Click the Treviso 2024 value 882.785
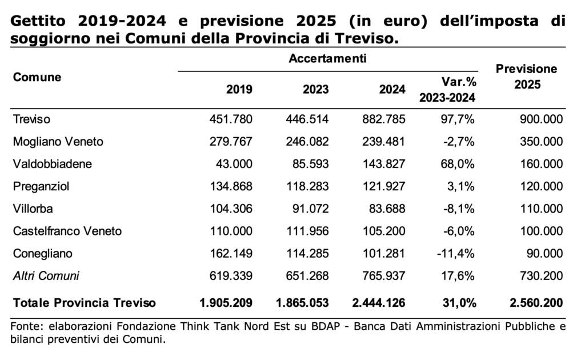(x=383, y=119)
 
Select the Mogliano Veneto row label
(x=58, y=142)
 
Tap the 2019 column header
(x=239, y=90)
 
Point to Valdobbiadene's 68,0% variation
(x=458, y=164)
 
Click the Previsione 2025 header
(x=526, y=77)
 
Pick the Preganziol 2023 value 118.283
(x=307, y=186)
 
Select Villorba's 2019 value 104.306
(x=231, y=209)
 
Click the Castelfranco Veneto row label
(x=67, y=231)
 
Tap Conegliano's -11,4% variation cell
(x=455, y=254)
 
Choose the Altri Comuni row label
(x=46, y=276)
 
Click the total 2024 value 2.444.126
(x=379, y=303)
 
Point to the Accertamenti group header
(x=327, y=58)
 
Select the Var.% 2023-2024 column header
(x=448, y=90)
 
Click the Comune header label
(x=37, y=77)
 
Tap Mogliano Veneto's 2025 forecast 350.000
(x=542, y=142)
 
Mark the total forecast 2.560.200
(x=536, y=303)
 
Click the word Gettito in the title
(x=38, y=21)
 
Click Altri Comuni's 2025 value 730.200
(x=542, y=276)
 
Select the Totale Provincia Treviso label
(x=85, y=303)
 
